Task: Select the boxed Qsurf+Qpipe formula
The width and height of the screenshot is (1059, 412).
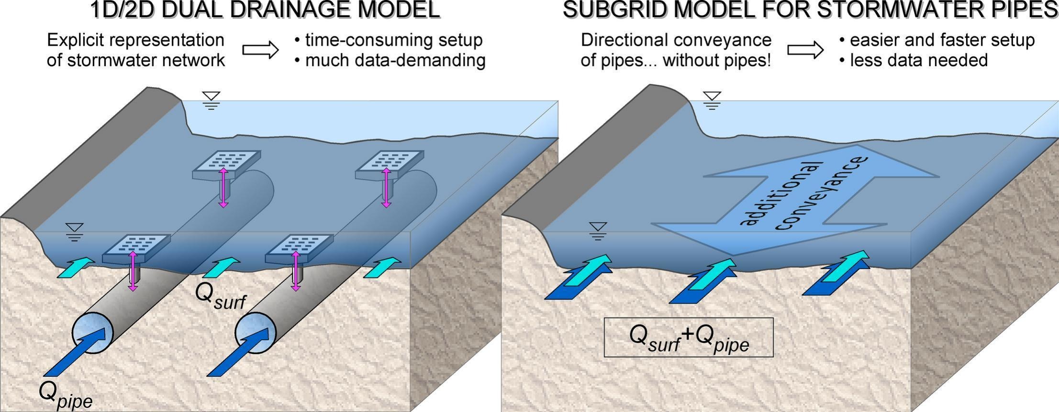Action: pyautogui.click(x=688, y=337)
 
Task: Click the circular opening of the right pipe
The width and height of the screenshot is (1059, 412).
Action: pyautogui.click(x=256, y=332)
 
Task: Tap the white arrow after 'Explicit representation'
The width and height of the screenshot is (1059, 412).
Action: pyautogui.click(x=260, y=50)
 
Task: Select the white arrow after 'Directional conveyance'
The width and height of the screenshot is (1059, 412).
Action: pyautogui.click(x=805, y=50)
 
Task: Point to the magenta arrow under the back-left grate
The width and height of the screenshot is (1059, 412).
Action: pyautogui.click(x=223, y=187)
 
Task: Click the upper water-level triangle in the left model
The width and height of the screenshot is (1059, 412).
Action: pyautogui.click(x=211, y=97)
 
